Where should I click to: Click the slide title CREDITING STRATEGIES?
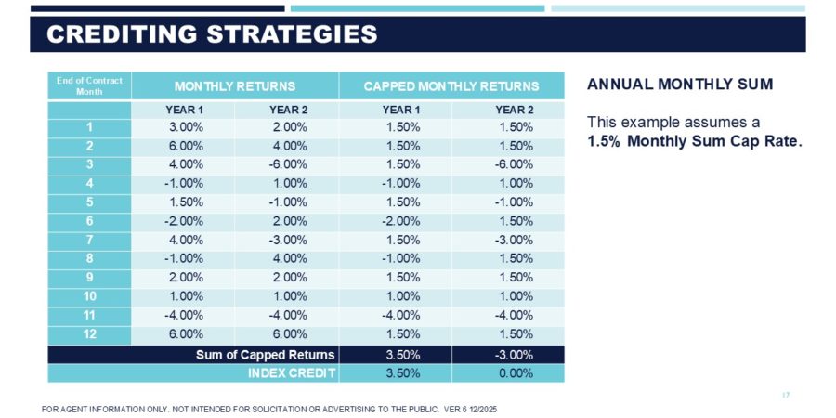pos(213,34)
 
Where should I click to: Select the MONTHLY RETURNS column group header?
pos(235,85)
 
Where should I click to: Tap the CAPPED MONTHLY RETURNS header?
pos(451,85)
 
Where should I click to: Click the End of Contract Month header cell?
pos(89,85)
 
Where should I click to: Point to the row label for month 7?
pos(89,240)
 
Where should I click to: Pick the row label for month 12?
pos(89,333)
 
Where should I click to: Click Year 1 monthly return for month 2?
pos(184,146)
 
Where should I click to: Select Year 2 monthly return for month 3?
pos(289,164)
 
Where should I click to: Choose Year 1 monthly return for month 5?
pos(184,202)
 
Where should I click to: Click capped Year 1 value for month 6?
pos(401,221)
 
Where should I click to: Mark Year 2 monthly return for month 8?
pos(289,258)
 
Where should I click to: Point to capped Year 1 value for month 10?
pos(401,296)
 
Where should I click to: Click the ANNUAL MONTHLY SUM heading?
pos(680,85)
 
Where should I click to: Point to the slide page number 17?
pos(786,396)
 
